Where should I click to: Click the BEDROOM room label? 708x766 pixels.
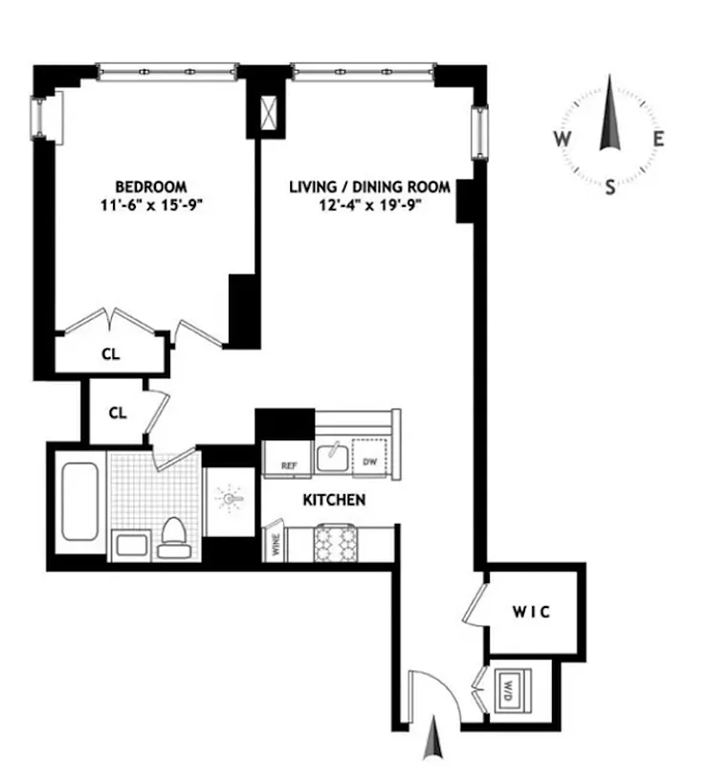point(151,186)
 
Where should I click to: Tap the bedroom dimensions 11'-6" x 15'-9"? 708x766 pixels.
point(151,204)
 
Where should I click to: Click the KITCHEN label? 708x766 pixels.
point(334,500)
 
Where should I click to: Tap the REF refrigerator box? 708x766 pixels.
point(290,464)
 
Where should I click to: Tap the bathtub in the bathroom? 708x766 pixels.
point(79,502)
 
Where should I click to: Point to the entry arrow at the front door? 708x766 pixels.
point(436,740)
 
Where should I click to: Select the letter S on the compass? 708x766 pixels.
point(609,188)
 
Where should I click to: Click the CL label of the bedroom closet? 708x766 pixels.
point(111,353)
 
